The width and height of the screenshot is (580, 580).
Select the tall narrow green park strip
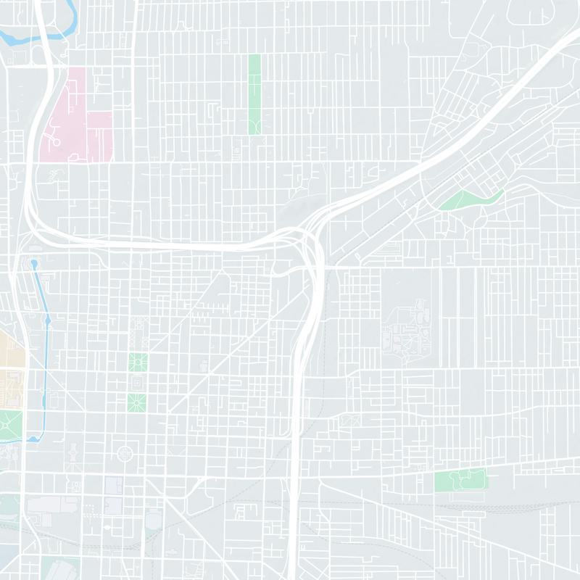[254, 94]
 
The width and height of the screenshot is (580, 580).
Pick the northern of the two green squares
[137, 361]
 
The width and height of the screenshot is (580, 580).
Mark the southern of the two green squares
[136, 402]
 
